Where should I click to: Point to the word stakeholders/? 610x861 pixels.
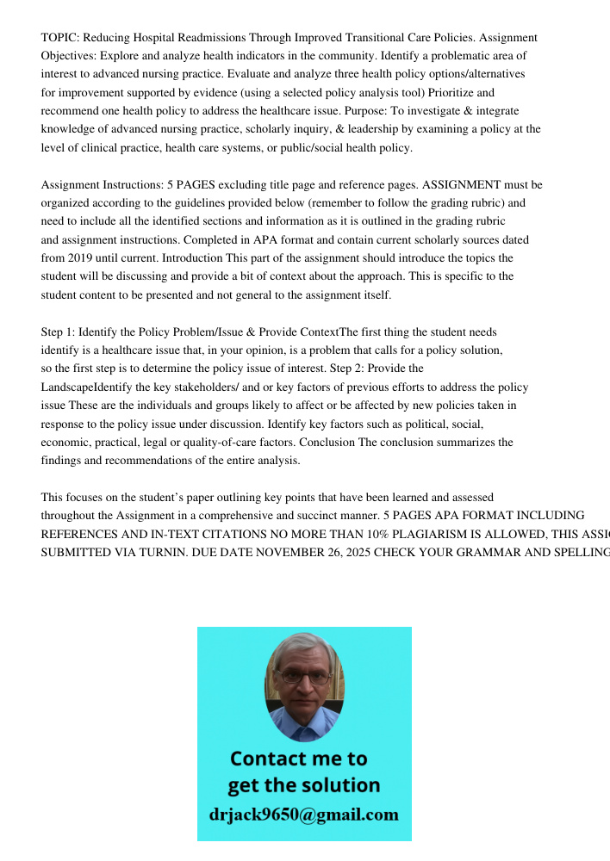click(199, 387)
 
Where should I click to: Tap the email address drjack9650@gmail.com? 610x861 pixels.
click(303, 815)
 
